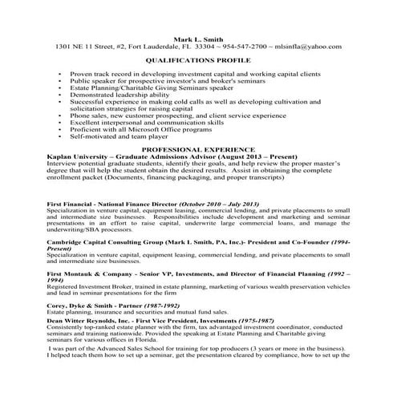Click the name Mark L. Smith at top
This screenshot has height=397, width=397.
click(198, 38)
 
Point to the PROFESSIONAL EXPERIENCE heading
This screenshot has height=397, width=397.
click(198, 149)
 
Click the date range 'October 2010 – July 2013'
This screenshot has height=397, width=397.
click(221, 205)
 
